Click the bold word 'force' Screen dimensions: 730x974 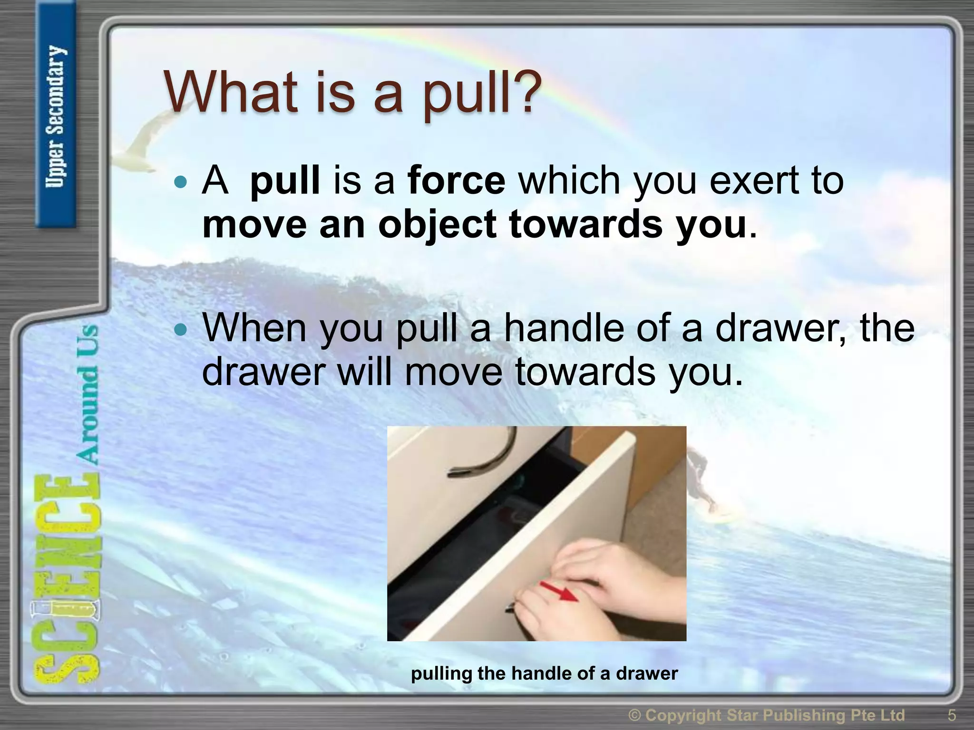pos(457,181)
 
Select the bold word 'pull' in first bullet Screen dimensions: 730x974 pos(285,182)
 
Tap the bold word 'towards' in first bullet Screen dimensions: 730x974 pos(585,224)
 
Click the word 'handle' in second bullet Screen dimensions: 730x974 pos(563,328)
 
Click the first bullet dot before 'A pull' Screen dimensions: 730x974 pos(181,182)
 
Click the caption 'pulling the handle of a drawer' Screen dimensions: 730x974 pos(544,673)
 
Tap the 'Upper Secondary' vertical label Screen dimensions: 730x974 pos(56,116)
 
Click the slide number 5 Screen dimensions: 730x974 pos(952,715)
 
